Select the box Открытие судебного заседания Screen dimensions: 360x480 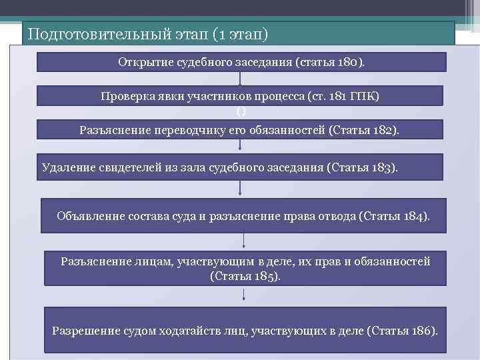point(240,62)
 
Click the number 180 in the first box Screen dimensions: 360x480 point(349,62)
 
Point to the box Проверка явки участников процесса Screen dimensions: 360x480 point(240,95)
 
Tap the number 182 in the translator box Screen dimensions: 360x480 point(383,129)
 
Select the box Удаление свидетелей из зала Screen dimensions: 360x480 point(238,167)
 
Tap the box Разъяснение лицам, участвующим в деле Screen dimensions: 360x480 point(245,268)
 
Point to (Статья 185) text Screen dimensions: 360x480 point(245,275)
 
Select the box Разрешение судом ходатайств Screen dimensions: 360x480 point(245,330)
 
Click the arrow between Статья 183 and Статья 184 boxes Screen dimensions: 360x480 point(240,189)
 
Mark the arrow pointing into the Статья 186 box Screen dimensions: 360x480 point(245,297)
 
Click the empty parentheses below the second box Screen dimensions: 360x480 point(240,111)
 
